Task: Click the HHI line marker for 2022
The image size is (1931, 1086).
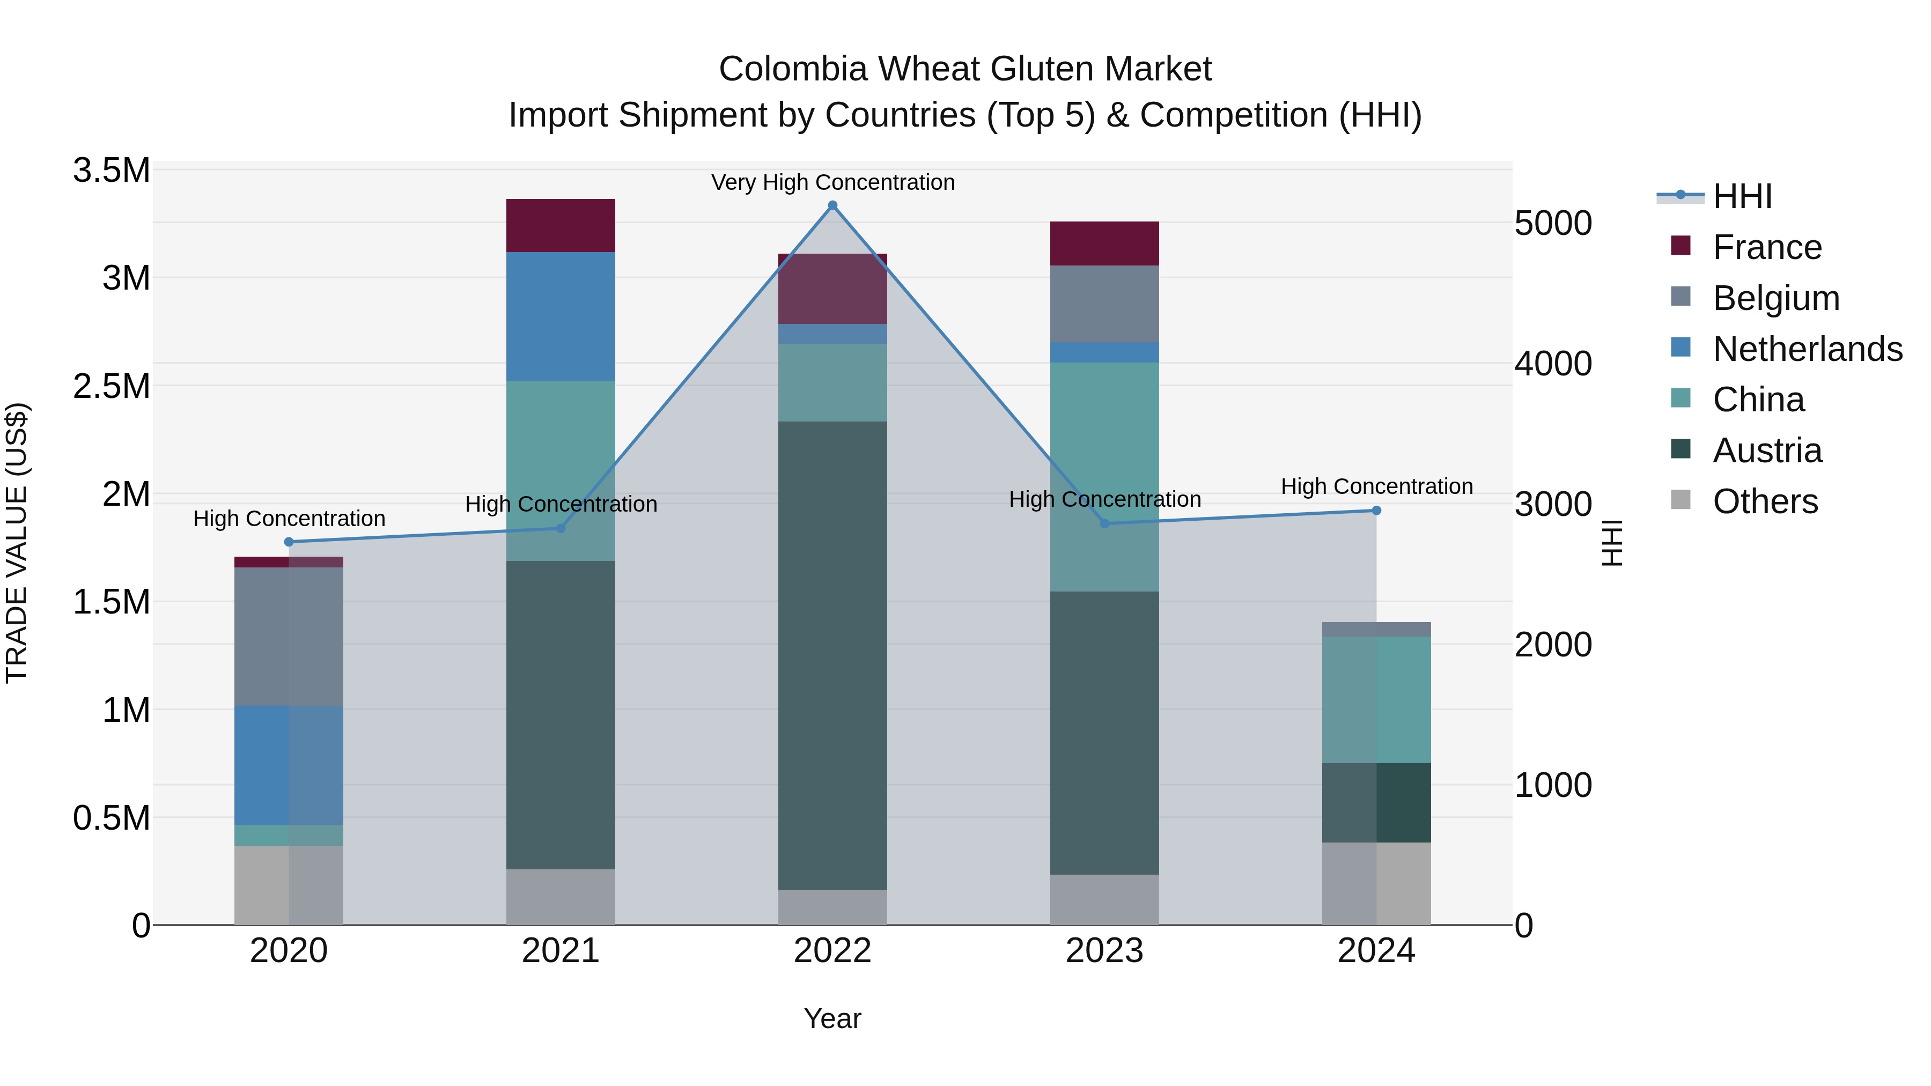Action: [x=832, y=205]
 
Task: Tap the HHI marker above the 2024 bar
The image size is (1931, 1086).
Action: [x=1376, y=511]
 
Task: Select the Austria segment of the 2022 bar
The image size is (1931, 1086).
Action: [x=832, y=656]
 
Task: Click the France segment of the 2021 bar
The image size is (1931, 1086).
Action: [x=561, y=226]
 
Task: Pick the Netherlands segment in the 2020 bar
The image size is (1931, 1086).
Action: [x=289, y=765]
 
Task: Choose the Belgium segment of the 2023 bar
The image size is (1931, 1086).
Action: [x=1104, y=304]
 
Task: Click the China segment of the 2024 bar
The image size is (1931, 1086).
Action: [x=1376, y=700]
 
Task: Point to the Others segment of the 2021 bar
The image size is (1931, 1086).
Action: [x=561, y=897]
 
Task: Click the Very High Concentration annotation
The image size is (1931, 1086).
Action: [x=832, y=182]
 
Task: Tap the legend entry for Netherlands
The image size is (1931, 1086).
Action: [x=1807, y=349]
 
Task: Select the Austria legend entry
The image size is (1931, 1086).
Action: [x=1767, y=450]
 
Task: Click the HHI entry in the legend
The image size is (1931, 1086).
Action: [x=1741, y=196]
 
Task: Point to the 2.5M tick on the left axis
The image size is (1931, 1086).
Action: [x=112, y=387]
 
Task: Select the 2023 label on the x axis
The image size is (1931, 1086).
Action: [x=1104, y=951]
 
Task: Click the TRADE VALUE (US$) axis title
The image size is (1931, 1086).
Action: [x=17, y=543]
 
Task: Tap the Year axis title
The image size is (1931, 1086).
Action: [x=832, y=1018]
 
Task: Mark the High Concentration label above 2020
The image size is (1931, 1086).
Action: [x=289, y=519]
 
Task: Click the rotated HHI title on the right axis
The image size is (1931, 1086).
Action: [x=1612, y=543]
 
